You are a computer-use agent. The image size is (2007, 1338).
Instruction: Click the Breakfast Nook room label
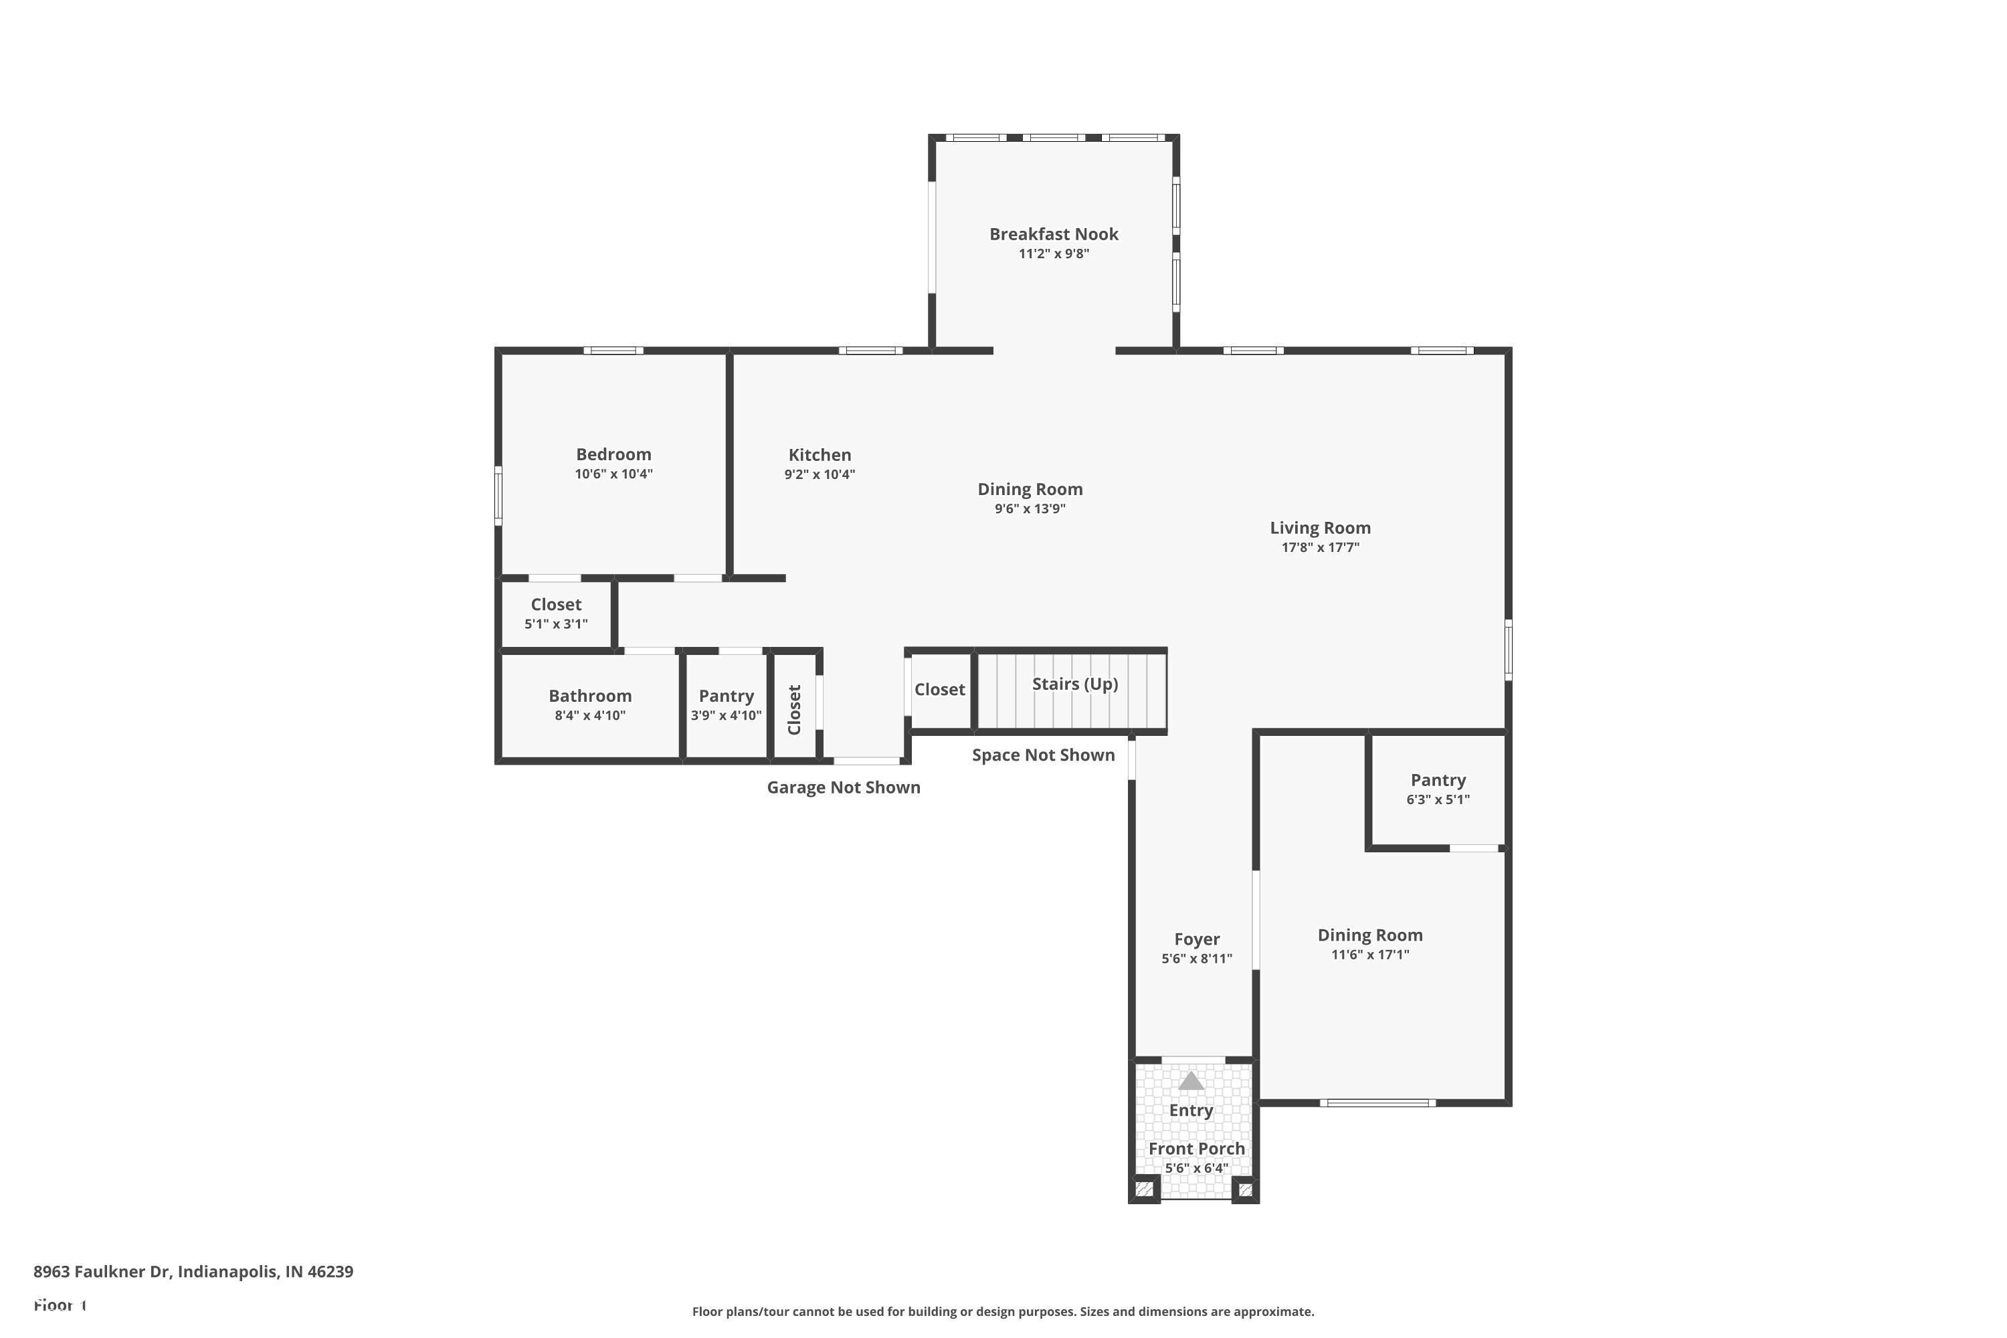click(1053, 233)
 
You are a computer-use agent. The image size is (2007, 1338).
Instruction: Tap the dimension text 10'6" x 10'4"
click(613, 474)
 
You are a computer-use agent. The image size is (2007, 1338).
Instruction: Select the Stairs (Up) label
click(1074, 684)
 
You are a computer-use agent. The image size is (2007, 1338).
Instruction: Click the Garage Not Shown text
click(843, 787)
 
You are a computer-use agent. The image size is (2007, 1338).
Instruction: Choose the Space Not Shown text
click(1043, 755)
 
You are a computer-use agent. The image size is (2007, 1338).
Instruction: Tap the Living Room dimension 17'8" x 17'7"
click(1319, 548)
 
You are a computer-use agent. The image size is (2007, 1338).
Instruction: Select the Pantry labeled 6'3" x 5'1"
click(1437, 780)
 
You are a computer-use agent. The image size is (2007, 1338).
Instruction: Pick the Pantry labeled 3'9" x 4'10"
click(725, 696)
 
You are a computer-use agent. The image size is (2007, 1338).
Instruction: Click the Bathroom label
click(589, 696)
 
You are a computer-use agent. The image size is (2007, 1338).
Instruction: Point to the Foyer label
click(1196, 939)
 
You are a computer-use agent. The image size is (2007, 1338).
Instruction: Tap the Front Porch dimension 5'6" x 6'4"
click(1196, 1168)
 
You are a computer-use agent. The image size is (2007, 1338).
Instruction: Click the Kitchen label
click(819, 455)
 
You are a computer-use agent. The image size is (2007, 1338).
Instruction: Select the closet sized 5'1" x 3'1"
click(555, 605)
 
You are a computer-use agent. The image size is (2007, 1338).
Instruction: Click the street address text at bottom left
click(193, 1272)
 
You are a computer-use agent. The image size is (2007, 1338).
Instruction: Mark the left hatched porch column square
click(1144, 1188)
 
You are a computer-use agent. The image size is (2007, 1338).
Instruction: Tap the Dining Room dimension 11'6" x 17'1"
click(1369, 955)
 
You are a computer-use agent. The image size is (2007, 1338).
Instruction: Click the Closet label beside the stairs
click(939, 690)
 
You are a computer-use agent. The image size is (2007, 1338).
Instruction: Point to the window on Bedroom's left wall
click(498, 495)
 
